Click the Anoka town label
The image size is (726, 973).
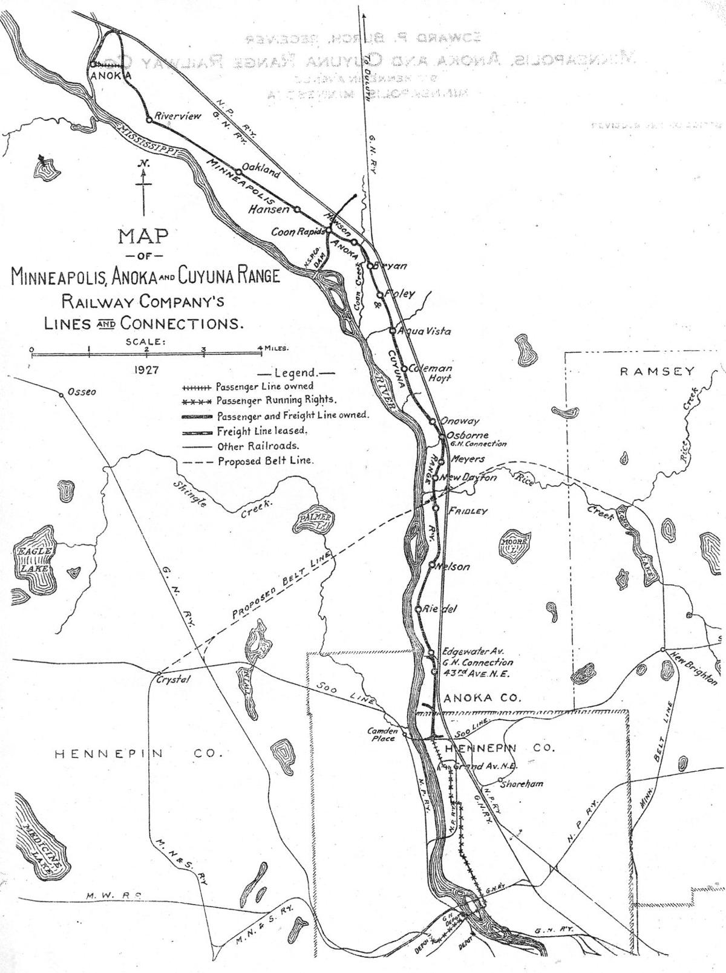point(111,75)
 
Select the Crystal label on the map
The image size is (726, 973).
point(173,679)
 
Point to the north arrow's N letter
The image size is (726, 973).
point(143,163)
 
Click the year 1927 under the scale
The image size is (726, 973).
point(147,369)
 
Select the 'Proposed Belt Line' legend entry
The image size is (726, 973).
point(266,461)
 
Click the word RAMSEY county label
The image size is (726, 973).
point(656,371)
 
